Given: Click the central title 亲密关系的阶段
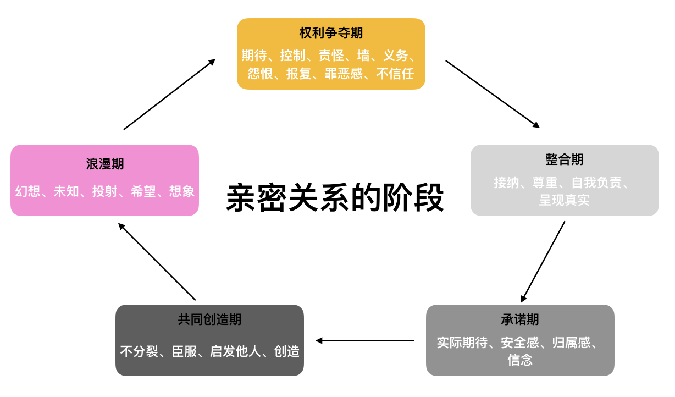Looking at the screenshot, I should [x=335, y=198].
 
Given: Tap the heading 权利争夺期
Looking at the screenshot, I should [x=331, y=33].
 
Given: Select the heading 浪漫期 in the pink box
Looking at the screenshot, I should [x=104, y=164].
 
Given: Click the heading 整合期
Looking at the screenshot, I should [x=565, y=159].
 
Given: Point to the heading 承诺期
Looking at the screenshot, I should [x=520, y=319].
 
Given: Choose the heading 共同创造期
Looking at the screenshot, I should [x=209, y=319].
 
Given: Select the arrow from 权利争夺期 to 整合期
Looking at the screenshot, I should [x=492, y=94].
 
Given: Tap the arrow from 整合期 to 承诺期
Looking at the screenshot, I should [x=543, y=262].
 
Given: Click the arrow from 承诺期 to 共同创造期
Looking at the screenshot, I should [x=365, y=340].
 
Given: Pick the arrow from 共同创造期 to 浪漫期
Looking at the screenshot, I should [x=157, y=262].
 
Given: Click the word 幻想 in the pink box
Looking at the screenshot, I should [x=28, y=191].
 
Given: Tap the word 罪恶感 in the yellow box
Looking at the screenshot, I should [x=344, y=73].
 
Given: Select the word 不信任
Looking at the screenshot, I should [x=395, y=73].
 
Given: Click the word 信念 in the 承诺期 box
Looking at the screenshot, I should [x=520, y=360].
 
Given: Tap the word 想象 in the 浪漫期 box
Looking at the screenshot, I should [x=182, y=191].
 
